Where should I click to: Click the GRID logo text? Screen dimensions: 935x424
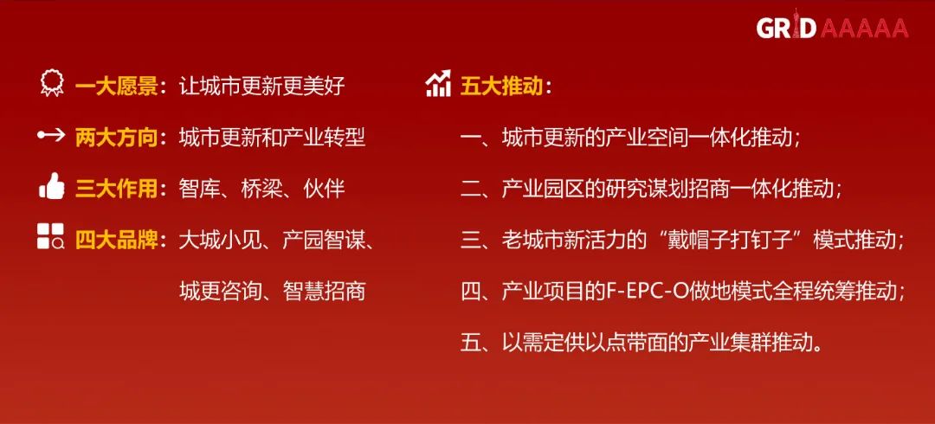[x=787, y=27]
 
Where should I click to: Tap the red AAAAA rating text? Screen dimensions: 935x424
[x=865, y=28]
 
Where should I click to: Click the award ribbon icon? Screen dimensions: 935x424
[x=52, y=83]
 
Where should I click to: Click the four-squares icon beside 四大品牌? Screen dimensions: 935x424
[x=51, y=236]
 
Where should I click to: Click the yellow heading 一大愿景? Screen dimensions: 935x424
[x=116, y=87]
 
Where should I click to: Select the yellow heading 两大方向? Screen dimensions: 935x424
[x=116, y=138]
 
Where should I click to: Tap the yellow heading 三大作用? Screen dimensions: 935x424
[x=116, y=190]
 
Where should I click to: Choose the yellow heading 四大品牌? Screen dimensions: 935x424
[x=116, y=241]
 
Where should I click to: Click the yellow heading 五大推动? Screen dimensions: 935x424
[x=501, y=87]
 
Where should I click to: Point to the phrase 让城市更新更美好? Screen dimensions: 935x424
[x=261, y=87]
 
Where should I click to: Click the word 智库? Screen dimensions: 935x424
[x=199, y=190]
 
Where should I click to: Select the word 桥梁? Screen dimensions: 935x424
[x=261, y=190]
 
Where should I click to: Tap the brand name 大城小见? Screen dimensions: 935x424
[x=220, y=241]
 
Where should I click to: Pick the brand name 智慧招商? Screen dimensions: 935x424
[x=324, y=292]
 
